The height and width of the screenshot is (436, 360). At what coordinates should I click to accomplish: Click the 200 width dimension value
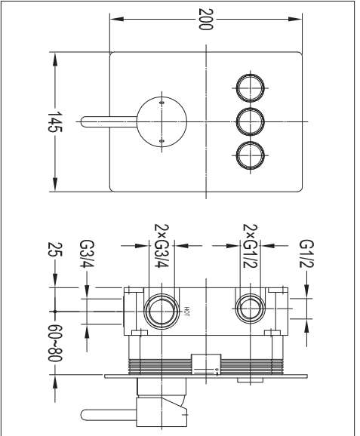coord(206,19)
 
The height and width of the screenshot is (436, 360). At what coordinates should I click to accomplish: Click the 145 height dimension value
coord(55,122)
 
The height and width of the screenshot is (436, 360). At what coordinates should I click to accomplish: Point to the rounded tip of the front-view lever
coord(82,121)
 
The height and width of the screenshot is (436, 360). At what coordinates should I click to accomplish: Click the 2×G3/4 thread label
coord(162,246)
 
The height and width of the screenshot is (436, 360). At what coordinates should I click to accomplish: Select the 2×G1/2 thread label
coord(251,246)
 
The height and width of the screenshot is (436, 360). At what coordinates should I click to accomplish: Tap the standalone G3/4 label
coord(87,254)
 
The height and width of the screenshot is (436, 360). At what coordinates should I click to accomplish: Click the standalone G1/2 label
coord(306,254)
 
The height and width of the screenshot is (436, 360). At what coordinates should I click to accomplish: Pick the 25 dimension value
coord(55,250)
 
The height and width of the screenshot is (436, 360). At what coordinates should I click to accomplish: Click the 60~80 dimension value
coord(55,343)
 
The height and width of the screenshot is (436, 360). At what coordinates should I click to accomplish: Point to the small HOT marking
coord(186,312)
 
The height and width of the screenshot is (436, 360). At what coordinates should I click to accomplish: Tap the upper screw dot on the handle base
coord(162,103)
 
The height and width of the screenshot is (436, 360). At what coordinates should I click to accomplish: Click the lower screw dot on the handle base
coord(162,141)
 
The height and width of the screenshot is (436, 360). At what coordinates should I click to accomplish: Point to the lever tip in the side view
coord(82,415)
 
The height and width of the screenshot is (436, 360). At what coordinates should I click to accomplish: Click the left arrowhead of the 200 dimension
coord(117,19)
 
